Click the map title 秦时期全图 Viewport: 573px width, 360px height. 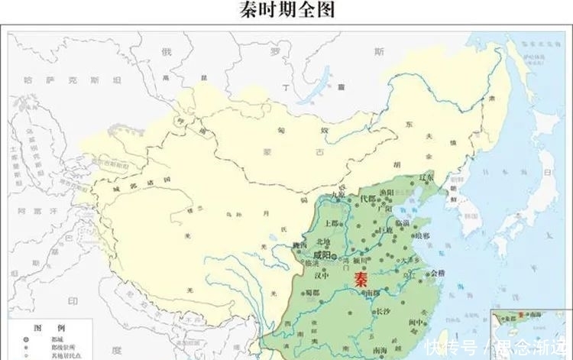[x=287, y=10]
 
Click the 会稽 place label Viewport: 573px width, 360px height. [x=437, y=273]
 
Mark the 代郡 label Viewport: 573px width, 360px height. [x=367, y=199]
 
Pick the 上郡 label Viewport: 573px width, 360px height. [x=332, y=224]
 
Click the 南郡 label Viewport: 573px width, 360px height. [x=372, y=293]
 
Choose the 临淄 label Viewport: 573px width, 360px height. [x=401, y=223]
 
